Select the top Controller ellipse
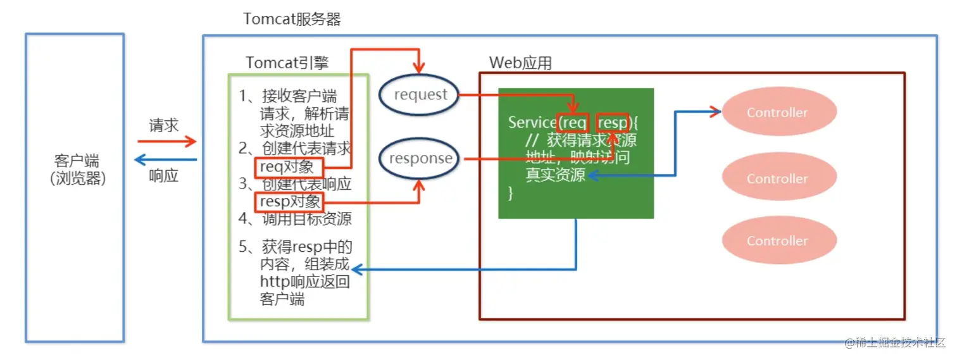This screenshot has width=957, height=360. tap(779, 111)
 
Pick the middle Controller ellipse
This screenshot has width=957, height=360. tap(779, 177)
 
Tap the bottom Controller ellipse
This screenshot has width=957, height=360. tap(779, 240)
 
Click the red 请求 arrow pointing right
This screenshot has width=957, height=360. tap(166, 141)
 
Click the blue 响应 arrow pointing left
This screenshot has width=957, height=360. tap(166, 159)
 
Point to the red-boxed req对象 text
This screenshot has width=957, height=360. tap(289, 167)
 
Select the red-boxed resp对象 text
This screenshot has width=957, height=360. tap(289, 202)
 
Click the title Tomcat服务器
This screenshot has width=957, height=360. tap(292, 19)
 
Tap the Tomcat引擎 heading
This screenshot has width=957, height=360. tap(287, 63)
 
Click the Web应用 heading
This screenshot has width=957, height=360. tap(520, 63)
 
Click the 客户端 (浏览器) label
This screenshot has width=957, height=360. tap(77, 170)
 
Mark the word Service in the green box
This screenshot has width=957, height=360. tap(532, 123)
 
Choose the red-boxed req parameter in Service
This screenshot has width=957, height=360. tap(572, 123)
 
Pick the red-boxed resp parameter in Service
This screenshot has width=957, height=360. tap(612, 123)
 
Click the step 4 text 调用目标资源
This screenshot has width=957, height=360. tap(307, 219)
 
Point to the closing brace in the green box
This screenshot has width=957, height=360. tap(511, 193)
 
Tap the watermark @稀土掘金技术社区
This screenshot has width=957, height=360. tap(894, 342)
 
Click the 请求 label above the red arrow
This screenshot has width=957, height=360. tap(164, 125)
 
